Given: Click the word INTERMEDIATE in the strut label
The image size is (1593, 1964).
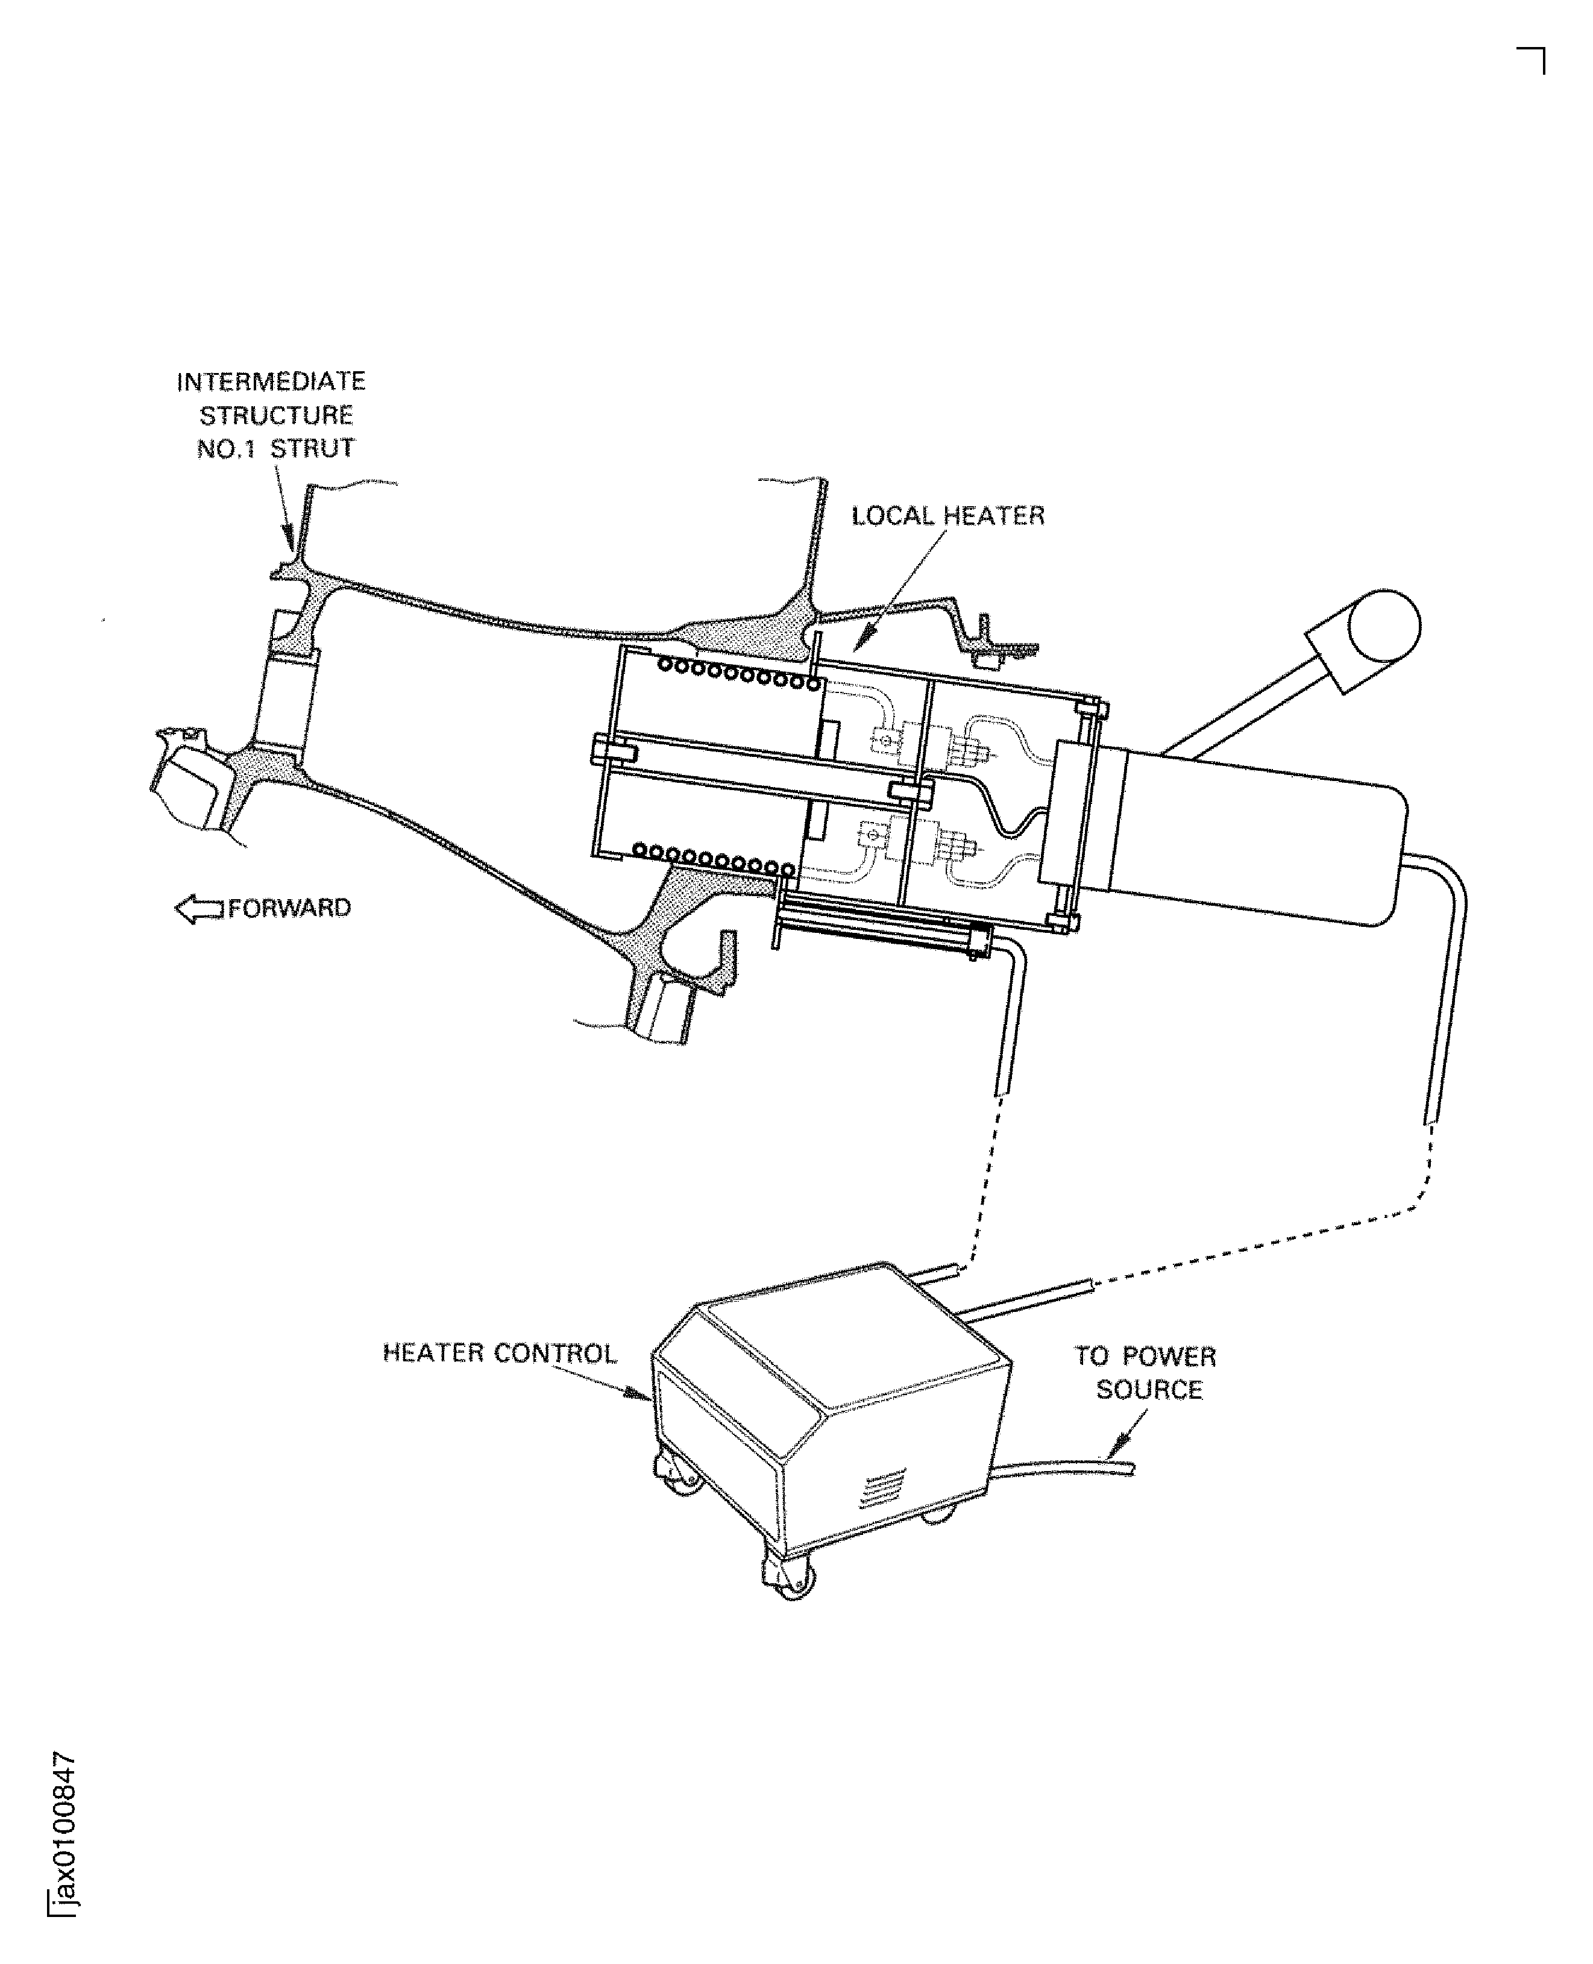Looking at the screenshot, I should point(271,381).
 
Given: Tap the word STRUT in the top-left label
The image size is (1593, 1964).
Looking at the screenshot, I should point(312,448).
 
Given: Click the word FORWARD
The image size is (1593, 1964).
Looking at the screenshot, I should point(289,908).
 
